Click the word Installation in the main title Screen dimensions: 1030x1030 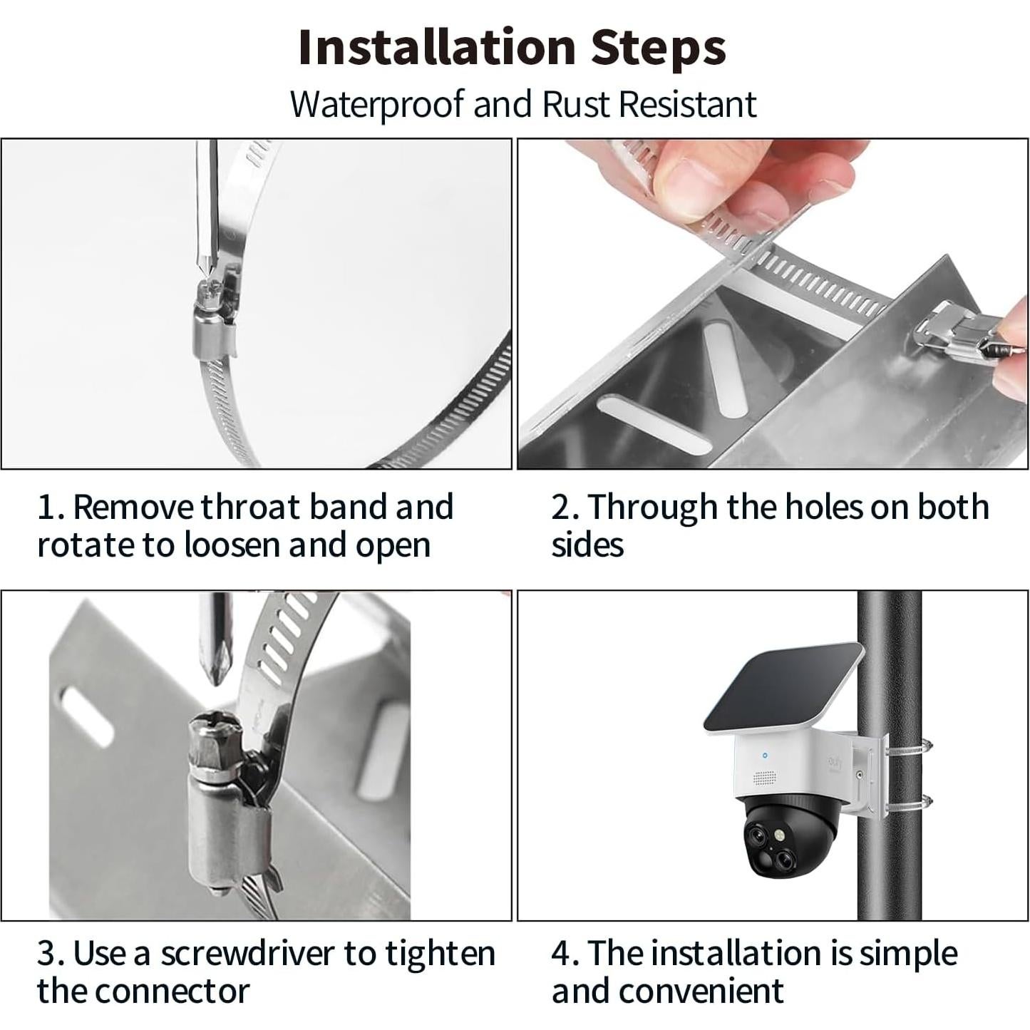(x=437, y=47)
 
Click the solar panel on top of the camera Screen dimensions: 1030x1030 (x=783, y=688)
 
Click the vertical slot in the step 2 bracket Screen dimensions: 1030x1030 (x=724, y=371)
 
